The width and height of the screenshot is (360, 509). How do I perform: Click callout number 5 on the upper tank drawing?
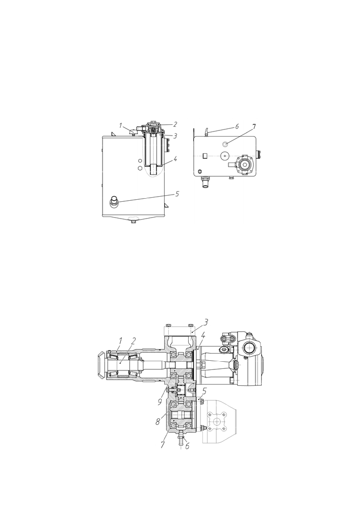point(177,194)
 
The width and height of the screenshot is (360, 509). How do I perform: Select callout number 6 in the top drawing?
point(237,126)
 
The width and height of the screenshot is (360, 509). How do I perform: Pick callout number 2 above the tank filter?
point(175,124)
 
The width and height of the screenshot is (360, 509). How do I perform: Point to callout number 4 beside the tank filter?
point(175,159)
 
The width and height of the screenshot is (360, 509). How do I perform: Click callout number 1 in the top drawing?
point(120,125)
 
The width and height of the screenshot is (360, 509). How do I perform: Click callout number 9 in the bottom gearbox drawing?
point(159,401)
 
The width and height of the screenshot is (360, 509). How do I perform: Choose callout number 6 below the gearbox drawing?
point(187,446)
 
